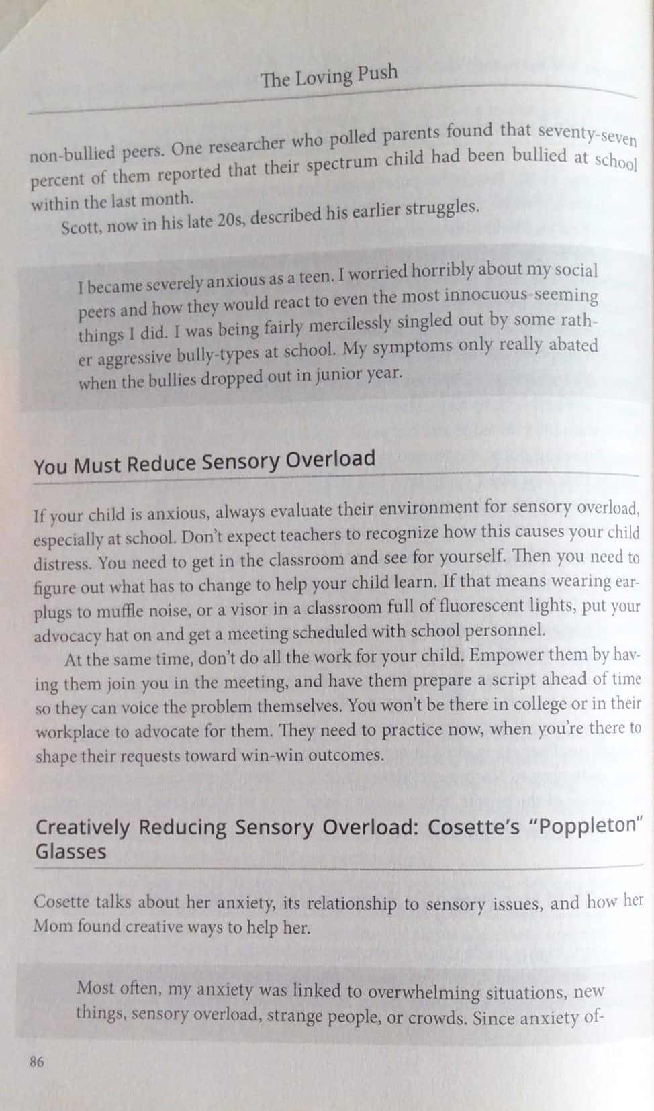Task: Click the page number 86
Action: (36, 1061)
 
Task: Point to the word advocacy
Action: (66, 635)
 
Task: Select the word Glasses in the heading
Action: (71, 852)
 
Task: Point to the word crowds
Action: (438, 1017)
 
